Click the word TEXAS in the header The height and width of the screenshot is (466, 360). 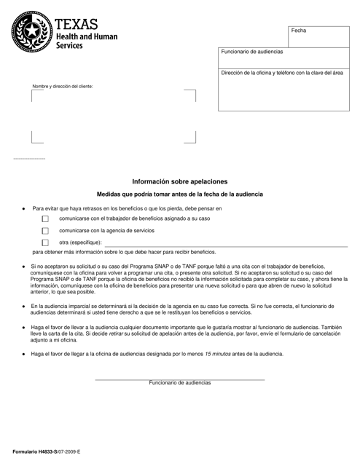coord(76,19)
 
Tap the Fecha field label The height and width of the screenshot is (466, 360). coord(299,31)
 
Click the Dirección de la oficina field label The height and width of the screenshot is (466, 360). coord(281,73)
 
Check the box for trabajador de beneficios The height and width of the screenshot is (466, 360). coord(45,218)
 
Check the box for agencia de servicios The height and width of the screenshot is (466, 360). coord(45,231)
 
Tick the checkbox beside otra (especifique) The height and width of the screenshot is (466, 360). coord(45,242)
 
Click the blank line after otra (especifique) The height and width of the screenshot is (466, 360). coord(219,245)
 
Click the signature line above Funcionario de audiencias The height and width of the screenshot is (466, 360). coord(179,379)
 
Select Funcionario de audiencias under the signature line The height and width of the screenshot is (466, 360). coord(179,383)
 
